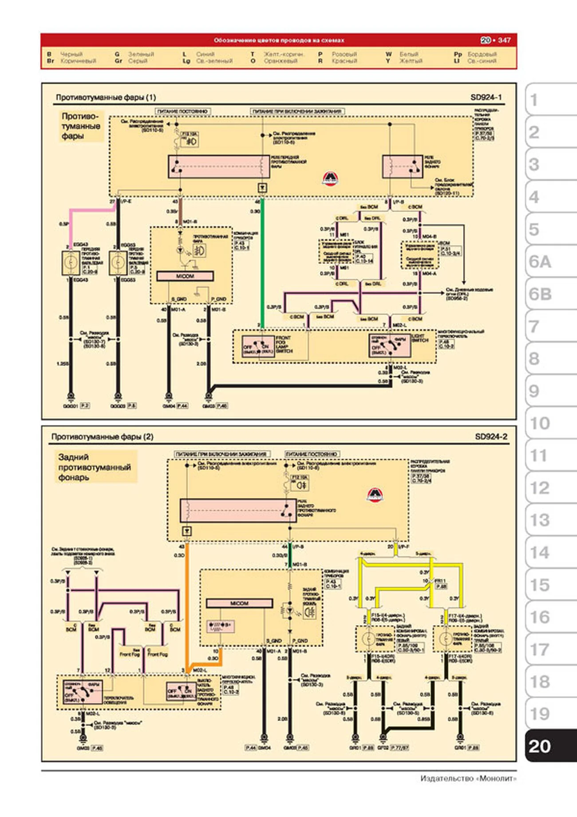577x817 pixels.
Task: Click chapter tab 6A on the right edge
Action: point(541,262)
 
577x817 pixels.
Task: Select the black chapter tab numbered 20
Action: point(540,746)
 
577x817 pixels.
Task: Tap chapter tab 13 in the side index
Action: point(540,520)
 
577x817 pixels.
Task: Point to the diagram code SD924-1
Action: point(486,97)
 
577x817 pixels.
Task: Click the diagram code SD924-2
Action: point(491,437)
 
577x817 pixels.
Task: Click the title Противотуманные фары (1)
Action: point(106,97)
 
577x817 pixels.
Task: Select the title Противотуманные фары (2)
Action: point(102,437)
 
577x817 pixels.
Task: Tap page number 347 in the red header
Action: point(504,40)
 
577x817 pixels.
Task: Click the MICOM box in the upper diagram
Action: point(185,276)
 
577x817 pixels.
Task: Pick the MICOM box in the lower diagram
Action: point(239,603)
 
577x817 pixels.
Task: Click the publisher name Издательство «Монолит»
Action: point(468,778)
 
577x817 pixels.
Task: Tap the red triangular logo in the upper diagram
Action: point(330,178)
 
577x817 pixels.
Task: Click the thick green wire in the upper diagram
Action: point(262,267)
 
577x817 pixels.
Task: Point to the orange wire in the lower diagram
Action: point(187,613)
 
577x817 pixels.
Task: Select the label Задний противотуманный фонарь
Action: point(95,467)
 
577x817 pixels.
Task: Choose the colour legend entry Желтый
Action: point(411,61)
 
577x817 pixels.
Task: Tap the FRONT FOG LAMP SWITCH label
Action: point(284,344)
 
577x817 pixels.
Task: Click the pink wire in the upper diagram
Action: point(89,209)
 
